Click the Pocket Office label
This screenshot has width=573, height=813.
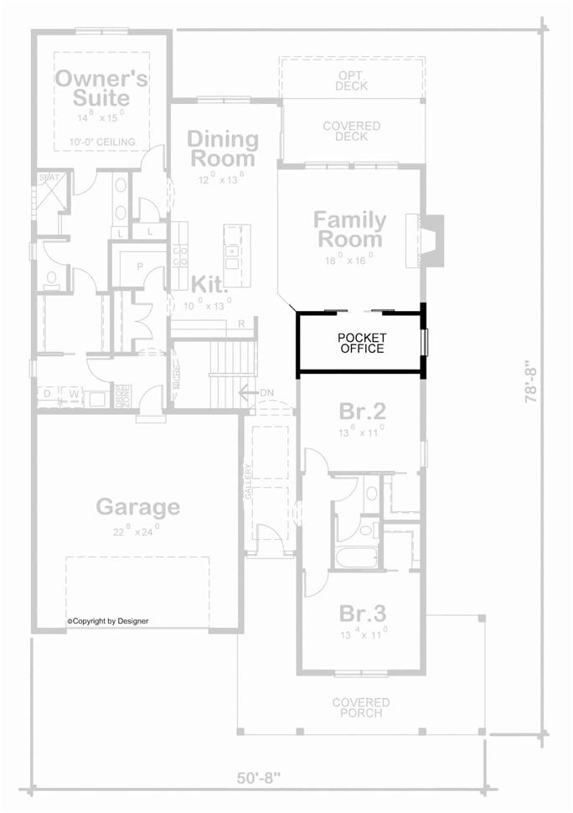[x=362, y=343]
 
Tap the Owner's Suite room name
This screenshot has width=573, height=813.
[x=101, y=89]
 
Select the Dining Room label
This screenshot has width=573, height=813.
[x=221, y=148]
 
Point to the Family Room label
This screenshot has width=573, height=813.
[x=349, y=230]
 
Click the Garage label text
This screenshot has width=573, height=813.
[x=137, y=506]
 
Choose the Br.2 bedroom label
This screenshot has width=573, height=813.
[x=362, y=412]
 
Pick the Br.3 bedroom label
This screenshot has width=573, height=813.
[x=362, y=611]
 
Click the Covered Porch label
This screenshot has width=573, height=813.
[x=361, y=707]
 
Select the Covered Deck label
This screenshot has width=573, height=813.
[x=352, y=132]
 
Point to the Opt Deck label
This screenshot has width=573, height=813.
[x=352, y=80]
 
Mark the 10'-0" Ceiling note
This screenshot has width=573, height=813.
[x=103, y=142]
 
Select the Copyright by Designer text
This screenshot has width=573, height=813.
[x=109, y=621]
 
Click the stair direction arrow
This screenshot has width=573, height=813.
[x=246, y=392]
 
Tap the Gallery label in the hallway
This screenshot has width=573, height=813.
[x=248, y=483]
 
